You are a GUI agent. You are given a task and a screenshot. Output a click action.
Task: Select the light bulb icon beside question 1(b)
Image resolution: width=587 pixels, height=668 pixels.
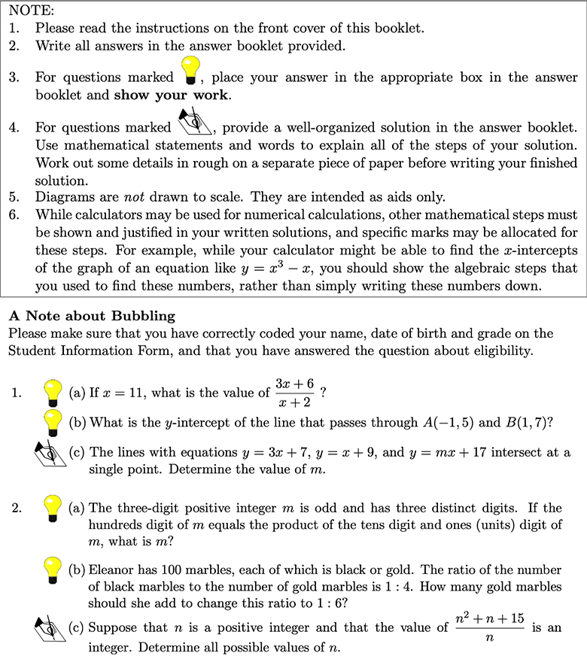tap(52, 422)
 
